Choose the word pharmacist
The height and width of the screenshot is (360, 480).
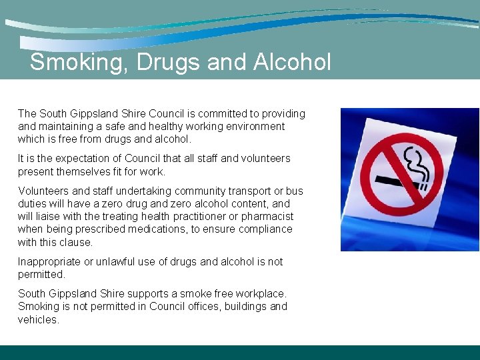[x=266, y=217]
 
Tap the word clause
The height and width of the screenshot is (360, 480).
[x=77, y=242]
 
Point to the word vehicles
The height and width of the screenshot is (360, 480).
[x=39, y=319]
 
